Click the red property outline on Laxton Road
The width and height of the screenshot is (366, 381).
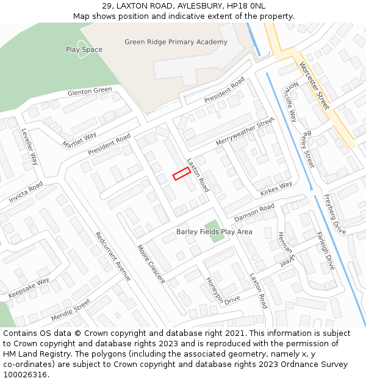point(181,174)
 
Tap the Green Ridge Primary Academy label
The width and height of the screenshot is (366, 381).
point(176,42)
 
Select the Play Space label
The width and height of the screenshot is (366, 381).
point(84,49)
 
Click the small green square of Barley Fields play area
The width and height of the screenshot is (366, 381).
point(213,232)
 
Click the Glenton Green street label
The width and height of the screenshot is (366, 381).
point(90,92)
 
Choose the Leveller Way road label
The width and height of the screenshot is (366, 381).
point(30,147)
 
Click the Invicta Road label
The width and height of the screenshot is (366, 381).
point(26,193)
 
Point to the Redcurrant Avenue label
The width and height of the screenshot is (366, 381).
point(113,256)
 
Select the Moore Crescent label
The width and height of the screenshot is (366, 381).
point(151,264)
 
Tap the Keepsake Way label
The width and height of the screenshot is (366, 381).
point(29,288)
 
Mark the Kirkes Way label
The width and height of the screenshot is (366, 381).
point(276,189)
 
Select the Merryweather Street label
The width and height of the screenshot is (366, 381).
point(245,132)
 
